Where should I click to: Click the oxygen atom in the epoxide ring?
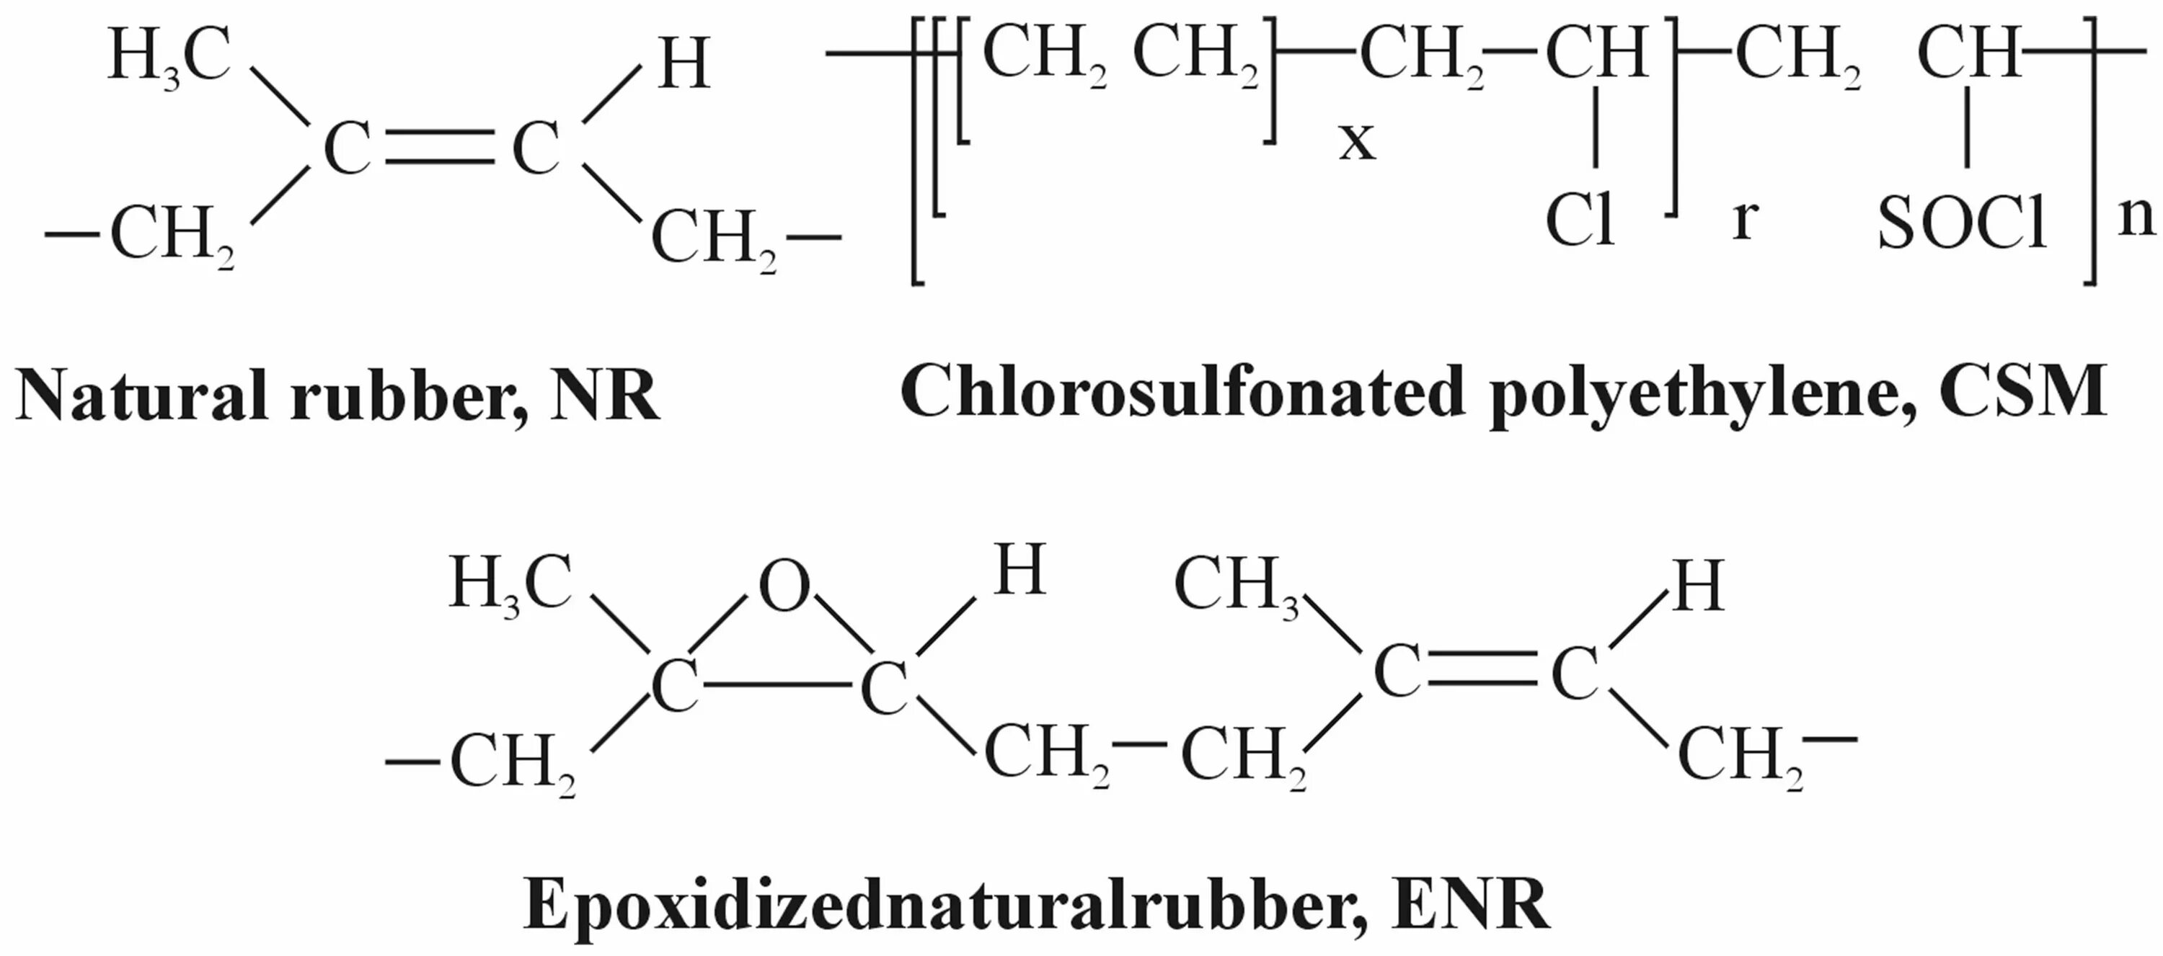pos(784,588)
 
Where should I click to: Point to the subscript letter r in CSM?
pos(1745,220)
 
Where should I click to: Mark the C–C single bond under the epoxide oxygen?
pos(779,685)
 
